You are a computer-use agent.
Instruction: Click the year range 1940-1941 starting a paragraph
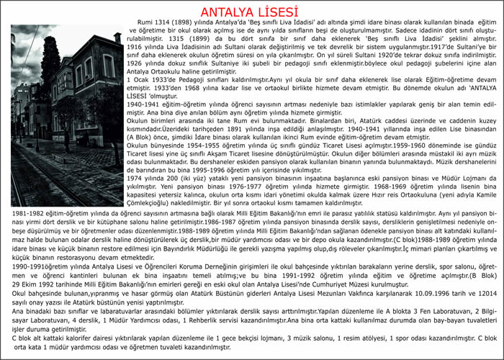click(144, 123)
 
